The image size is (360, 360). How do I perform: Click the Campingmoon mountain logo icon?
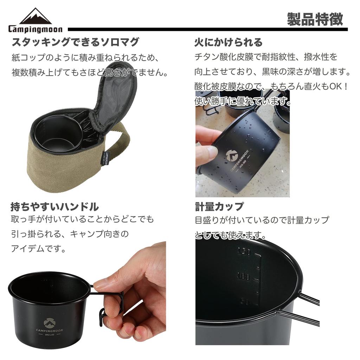[35, 16]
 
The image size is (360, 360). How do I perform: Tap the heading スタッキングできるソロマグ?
[75, 42]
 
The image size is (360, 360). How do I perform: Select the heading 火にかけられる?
[229, 43]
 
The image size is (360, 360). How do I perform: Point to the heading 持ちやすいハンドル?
[54, 206]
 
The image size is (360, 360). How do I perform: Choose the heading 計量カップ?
[219, 206]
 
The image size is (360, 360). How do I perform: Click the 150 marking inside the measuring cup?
[244, 251]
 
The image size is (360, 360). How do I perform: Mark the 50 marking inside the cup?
[245, 302]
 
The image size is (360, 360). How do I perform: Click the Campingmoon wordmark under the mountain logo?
[35, 30]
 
